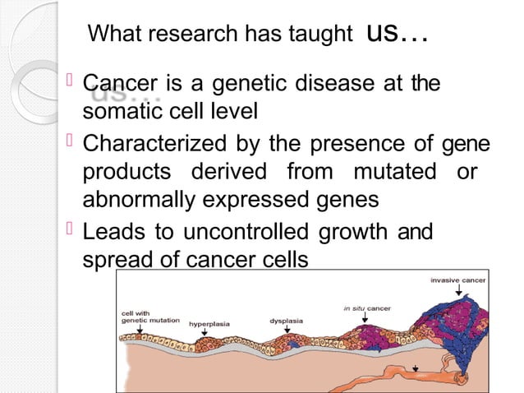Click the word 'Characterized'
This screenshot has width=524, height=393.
156,145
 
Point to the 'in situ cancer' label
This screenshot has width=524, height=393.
366,308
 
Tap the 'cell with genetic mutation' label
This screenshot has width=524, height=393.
149,317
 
